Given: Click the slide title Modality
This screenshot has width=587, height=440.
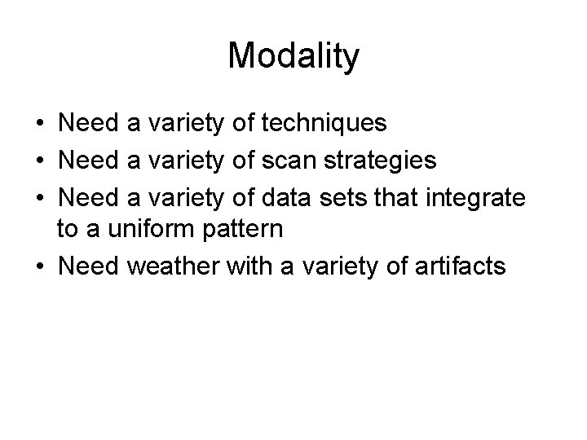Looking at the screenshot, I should pos(293,56).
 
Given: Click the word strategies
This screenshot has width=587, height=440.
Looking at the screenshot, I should pos(382,161).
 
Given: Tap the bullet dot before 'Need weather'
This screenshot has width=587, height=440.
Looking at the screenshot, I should pos(39,266).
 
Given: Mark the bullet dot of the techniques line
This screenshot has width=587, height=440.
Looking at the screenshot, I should pos(39,125).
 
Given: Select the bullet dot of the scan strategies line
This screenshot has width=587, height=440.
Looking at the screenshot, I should pos(39,161).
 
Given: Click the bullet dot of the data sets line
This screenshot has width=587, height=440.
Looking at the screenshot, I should pos(39,197).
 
